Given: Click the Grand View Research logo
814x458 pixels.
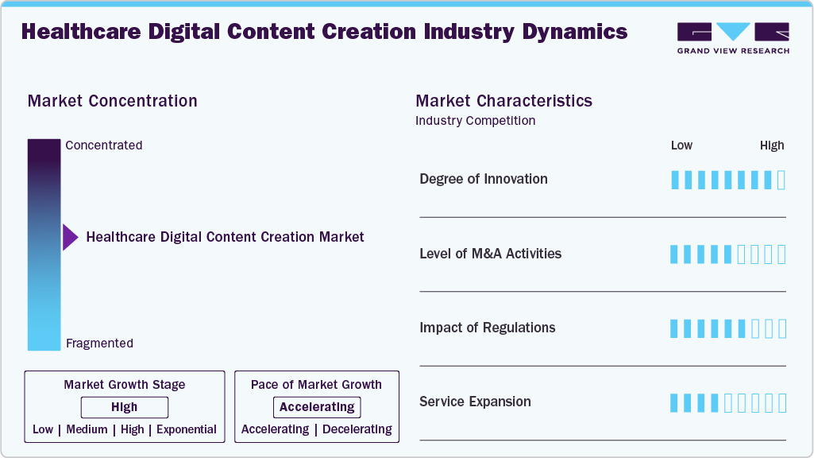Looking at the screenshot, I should pos(732,37).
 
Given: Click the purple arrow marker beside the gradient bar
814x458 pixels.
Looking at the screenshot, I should pos(70,237).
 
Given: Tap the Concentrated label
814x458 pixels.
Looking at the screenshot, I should pos(104,146).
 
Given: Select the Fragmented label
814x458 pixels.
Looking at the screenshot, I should pos(99,343).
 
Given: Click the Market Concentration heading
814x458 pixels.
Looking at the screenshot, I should pos(112,101).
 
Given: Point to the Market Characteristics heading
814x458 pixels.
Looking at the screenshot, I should pos(503,101).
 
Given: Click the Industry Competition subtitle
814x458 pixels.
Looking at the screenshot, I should pos(475,121).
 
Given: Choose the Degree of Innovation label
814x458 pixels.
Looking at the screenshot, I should pos(483,179).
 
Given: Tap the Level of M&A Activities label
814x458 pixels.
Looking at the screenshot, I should pos(490,254).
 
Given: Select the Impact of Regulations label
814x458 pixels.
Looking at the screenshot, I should pos(487,328).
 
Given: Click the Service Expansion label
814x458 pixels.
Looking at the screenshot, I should pos(475,402).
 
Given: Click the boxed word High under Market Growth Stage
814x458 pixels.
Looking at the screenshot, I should pos(125,407).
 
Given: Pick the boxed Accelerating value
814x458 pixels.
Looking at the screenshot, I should pos(317,407).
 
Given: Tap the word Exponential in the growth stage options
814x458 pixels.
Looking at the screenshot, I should pos(187,429).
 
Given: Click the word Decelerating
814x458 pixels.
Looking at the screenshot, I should pos(357,429).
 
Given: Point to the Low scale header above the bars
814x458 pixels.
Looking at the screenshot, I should pos(681,146).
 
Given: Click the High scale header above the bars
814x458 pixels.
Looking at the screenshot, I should pos(771,146).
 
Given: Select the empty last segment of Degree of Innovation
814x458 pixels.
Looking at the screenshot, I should pos(781,180).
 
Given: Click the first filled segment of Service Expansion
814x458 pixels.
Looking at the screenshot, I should pos(675,402).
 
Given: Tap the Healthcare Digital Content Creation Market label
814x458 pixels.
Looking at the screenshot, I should pos(225,237).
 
